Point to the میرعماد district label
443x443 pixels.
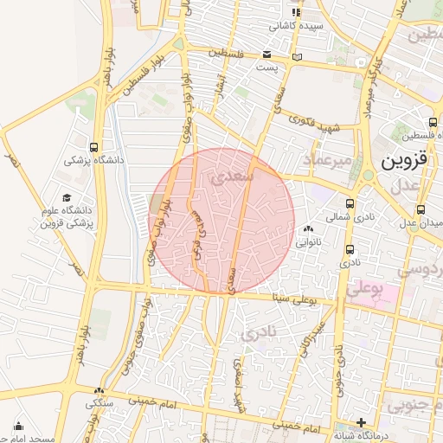pyautogui.click(x=327, y=161)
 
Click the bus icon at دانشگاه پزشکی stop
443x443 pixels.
pyautogui.click(x=94, y=146)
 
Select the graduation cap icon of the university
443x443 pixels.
pyautogui.click(x=67, y=198)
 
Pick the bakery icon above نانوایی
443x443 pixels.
pyautogui.click(x=309, y=229)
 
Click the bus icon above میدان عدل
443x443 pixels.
pyautogui.click(x=421, y=209)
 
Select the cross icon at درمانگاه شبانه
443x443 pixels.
pyautogui.click(x=362, y=421)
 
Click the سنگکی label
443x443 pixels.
pyautogui.click(x=98, y=403)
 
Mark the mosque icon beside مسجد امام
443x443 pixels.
pyautogui.click(x=18, y=425)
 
